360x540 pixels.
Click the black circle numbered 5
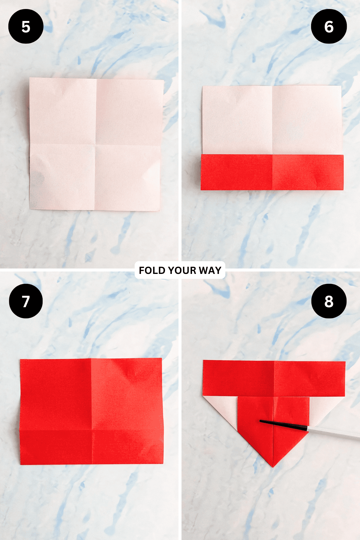click(x=26, y=26)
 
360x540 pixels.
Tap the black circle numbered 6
click(x=329, y=26)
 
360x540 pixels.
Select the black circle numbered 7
click(x=26, y=301)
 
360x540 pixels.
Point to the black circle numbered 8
click(x=329, y=301)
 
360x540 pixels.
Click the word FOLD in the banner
click(x=152, y=270)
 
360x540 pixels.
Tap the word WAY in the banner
click(x=210, y=270)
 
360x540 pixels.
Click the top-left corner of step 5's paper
click(x=30, y=78)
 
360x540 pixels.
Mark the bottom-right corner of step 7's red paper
click(x=163, y=464)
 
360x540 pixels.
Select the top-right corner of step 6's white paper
click(x=341, y=86)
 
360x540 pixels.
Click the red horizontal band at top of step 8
click(x=274, y=378)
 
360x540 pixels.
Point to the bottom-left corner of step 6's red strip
click(x=201, y=190)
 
